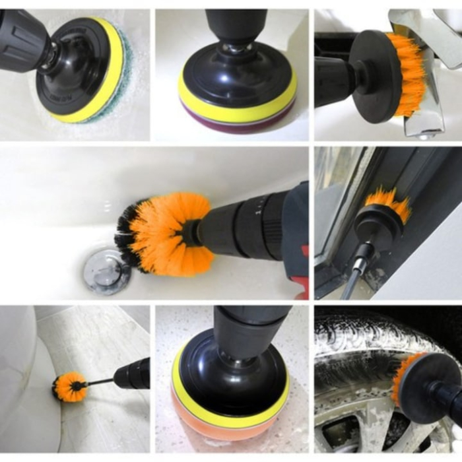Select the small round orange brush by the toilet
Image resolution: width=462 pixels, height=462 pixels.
click(x=69, y=387)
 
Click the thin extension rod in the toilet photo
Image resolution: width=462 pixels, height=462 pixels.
click(x=99, y=381)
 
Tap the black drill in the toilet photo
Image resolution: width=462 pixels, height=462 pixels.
click(x=132, y=374)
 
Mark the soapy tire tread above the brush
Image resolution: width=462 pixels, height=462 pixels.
click(x=370, y=340)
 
